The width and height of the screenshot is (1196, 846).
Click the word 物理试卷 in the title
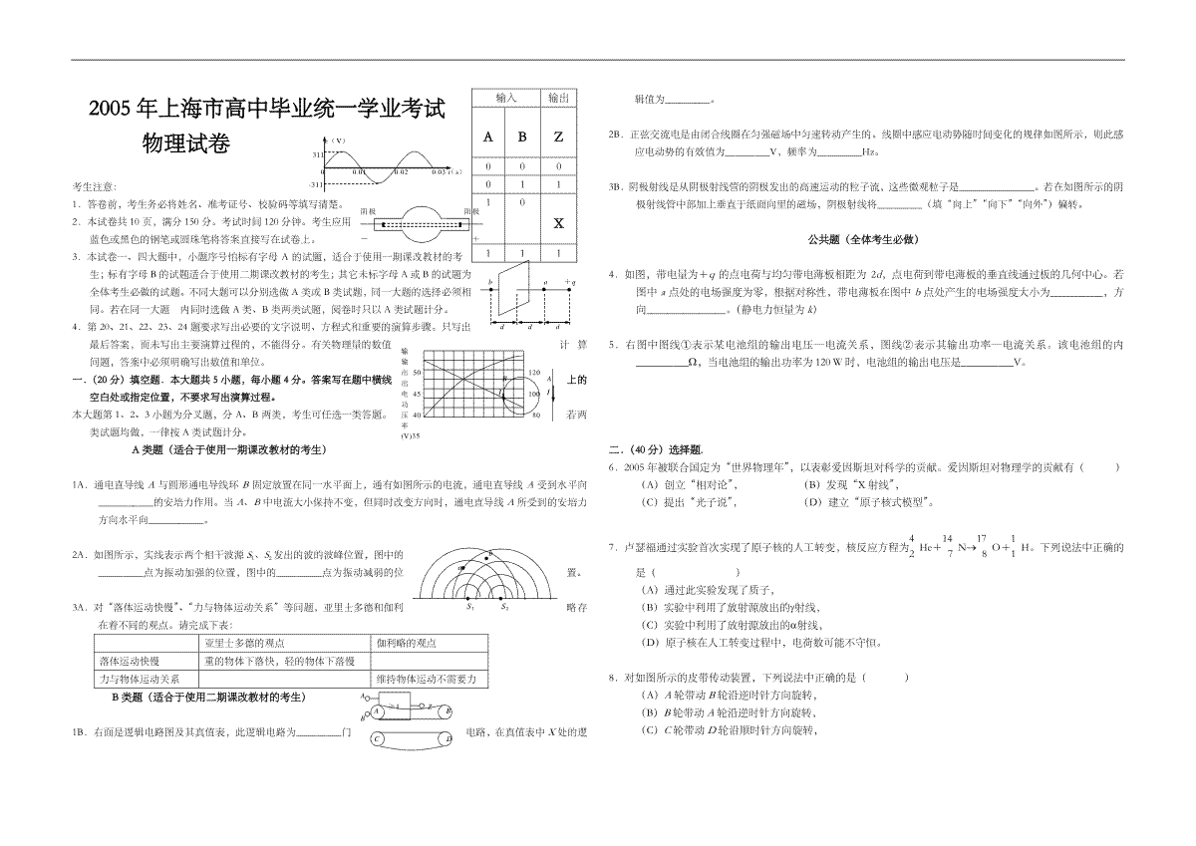pyautogui.click(x=186, y=144)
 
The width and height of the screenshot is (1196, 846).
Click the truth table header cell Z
pyautogui.click(x=558, y=137)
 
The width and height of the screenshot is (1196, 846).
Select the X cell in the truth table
pyautogui.click(x=558, y=223)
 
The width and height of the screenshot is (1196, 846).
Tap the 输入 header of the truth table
pyautogui.click(x=506, y=98)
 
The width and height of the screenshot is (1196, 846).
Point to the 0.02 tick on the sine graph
pyautogui.click(x=400, y=172)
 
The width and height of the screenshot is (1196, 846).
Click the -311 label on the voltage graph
pyautogui.click(x=318, y=185)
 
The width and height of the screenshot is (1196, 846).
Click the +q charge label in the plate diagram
pyautogui.click(x=570, y=283)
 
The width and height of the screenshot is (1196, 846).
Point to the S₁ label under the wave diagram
pyautogui.click(x=469, y=606)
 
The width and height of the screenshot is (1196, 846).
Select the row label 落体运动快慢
pyautogui.click(x=130, y=661)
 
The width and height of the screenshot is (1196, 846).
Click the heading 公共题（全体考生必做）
pyautogui.click(x=862, y=240)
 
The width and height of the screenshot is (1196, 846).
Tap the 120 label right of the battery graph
pyautogui.click(x=534, y=373)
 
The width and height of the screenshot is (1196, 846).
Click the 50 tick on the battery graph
pyautogui.click(x=418, y=371)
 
